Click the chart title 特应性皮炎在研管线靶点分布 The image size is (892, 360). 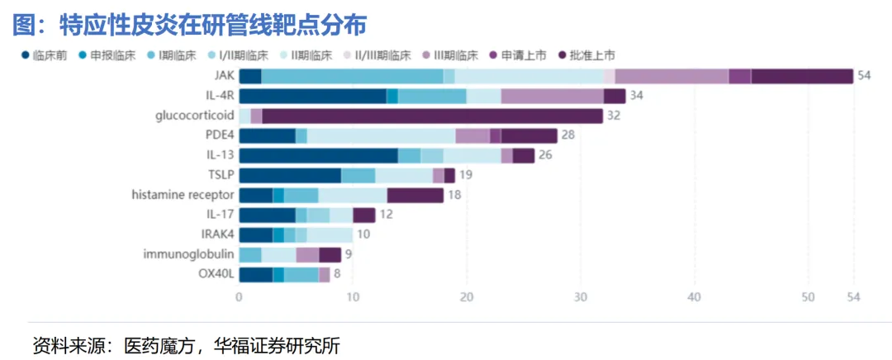coord(213,25)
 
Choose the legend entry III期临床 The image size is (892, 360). coord(452,55)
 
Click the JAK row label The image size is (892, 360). coord(223,76)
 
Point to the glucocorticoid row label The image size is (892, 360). coord(195,116)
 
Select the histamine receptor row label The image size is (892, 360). coord(183,195)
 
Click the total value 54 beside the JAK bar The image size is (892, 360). coord(865,76)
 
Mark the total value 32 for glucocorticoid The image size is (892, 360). coord(614,116)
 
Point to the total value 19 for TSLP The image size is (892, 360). coord(466,175)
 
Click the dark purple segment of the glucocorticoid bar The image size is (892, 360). coord(432,116)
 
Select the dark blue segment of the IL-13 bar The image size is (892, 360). coord(318,155)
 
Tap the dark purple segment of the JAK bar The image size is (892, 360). coord(802,76)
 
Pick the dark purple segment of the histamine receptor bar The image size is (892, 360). coord(415,195)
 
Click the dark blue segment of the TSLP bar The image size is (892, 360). coord(290,175)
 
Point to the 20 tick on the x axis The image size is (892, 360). coord(467,297)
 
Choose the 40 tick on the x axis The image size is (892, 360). coord(695,297)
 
